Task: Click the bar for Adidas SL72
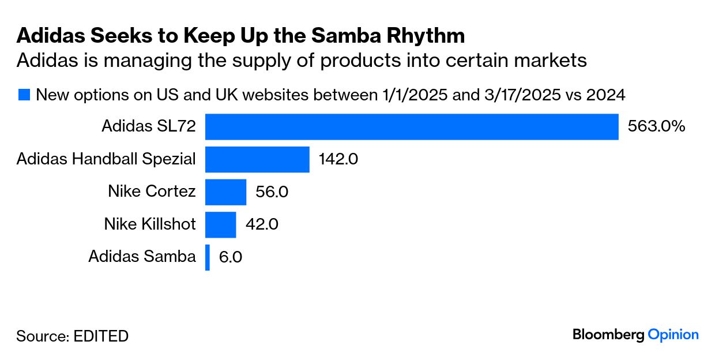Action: pos(412,127)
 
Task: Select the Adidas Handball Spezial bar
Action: pos(257,159)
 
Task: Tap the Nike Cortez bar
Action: pos(225,192)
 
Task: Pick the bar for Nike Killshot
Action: pos(221,224)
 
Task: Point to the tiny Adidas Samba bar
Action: pos(208,257)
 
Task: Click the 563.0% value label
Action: pos(656,126)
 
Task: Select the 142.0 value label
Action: pos(338,159)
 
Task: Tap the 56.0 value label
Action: pos(272,192)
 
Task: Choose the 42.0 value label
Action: pos(262,224)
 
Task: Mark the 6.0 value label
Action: pos(231,257)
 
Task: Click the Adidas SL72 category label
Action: pos(149,126)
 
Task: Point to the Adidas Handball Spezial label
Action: pos(106,159)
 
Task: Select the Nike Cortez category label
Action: pos(152,192)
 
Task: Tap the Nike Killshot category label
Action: pos(150,224)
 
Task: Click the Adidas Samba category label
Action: pos(142,257)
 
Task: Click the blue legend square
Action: pos(24,95)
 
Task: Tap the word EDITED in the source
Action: pos(101,336)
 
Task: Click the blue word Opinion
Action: pos(673,335)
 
